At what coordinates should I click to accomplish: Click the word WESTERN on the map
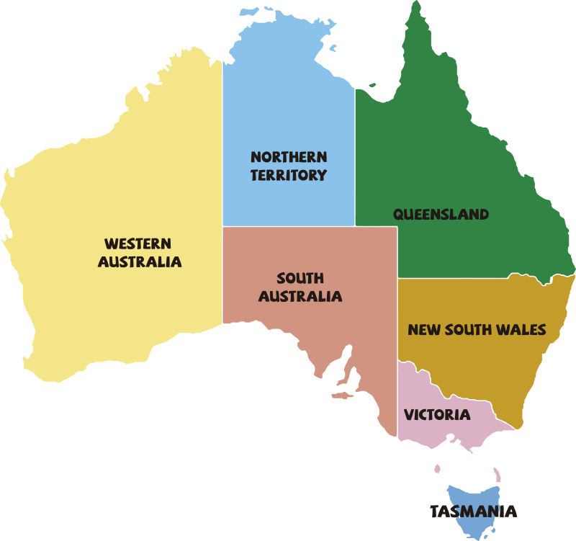click(138, 243)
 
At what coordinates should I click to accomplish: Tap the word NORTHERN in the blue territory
click(289, 156)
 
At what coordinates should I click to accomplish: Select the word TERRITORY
click(289, 175)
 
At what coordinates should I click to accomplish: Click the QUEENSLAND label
click(441, 214)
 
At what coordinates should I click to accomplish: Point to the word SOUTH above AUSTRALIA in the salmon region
click(300, 278)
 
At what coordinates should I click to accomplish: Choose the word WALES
click(522, 330)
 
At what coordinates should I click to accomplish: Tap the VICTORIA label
click(437, 415)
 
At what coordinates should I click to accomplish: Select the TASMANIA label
click(473, 511)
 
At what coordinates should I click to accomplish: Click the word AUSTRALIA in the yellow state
click(140, 262)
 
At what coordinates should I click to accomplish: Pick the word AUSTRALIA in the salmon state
click(300, 296)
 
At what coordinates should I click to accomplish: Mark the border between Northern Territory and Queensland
click(355, 158)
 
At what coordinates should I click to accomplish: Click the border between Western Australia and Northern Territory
click(222, 144)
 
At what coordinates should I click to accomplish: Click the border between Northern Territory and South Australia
click(288, 227)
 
